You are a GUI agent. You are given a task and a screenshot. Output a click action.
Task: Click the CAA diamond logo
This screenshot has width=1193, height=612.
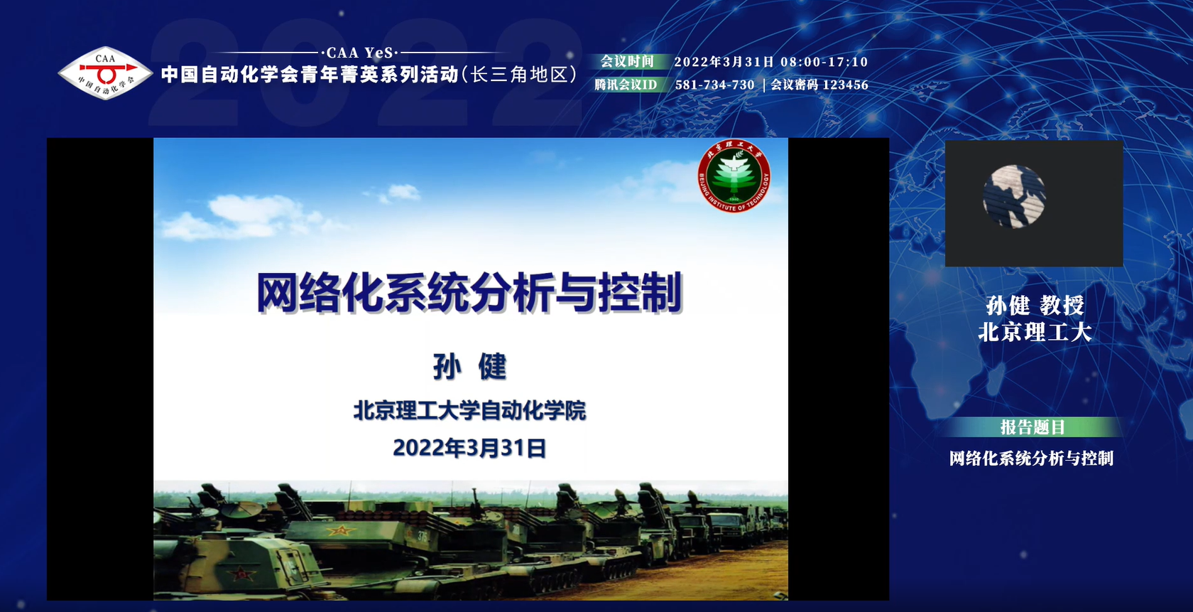tap(105, 73)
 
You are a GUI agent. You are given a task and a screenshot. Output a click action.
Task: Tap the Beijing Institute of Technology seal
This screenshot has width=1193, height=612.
tap(734, 176)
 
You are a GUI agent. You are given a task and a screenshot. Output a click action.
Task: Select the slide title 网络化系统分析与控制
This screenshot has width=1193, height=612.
tap(469, 292)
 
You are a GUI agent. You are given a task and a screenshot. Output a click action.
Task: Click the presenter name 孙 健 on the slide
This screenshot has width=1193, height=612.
tap(469, 367)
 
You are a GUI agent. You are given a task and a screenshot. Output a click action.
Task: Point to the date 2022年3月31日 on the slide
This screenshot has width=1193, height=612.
tap(469, 448)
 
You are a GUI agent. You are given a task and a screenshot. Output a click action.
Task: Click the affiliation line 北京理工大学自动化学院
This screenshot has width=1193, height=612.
tap(469, 411)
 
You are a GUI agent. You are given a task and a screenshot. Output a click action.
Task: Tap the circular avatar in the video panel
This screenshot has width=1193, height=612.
tap(1013, 196)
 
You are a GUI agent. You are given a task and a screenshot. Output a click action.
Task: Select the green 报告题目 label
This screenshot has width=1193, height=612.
tap(1033, 427)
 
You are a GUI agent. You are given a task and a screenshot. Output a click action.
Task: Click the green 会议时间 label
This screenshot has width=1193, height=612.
tap(627, 61)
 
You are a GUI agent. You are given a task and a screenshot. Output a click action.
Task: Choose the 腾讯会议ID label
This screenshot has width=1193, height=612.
tap(626, 85)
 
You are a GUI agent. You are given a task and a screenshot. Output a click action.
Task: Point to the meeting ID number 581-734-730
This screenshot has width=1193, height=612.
tap(714, 85)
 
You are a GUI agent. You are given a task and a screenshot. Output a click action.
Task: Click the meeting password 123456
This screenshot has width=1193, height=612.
tap(846, 85)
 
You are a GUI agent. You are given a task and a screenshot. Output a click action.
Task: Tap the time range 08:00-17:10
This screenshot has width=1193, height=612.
tap(824, 62)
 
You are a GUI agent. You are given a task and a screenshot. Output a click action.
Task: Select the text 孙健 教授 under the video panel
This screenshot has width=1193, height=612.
tap(1035, 306)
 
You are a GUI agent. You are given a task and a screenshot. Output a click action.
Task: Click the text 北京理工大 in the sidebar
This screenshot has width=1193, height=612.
tap(1035, 332)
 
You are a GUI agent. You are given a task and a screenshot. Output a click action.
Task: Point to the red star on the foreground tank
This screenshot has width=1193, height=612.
tap(241, 574)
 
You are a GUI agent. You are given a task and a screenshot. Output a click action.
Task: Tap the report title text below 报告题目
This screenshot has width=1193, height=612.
tap(1031, 458)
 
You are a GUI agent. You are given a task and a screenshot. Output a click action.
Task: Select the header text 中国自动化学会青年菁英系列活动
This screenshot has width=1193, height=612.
tap(310, 74)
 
